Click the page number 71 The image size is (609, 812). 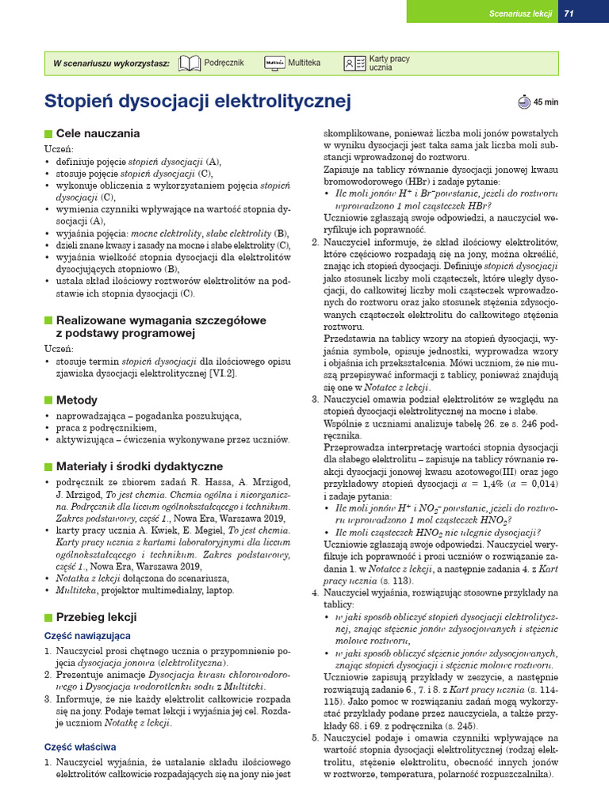pyautogui.click(x=569, y=13)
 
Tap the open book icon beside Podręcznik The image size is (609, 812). pyautogui.click(x=190, y=63)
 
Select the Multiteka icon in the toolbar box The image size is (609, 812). pyautogui.click(x=274, y=63)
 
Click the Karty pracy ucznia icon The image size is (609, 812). pyautogui.click(x=354, y=63)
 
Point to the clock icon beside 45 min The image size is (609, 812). pyautogui.click(x=524, y=101)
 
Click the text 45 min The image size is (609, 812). pyautogui.click(x=546, y=101)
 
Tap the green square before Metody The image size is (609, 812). pyautogui.click(x=48, y=400)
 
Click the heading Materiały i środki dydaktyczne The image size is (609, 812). pyautogui.click(x=140, y=466)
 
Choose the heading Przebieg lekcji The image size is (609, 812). pyautogui.click(x=96, y=617)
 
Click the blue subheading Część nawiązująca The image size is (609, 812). pyautogui.click(x=87, y=636)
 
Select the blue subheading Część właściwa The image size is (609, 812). pyautogui.click(x=80, y=747)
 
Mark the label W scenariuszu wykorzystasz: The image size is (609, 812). pyautogui.click(x=111, y=63)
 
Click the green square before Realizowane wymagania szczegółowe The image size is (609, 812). pyautogui.click(x=48, y=320)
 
